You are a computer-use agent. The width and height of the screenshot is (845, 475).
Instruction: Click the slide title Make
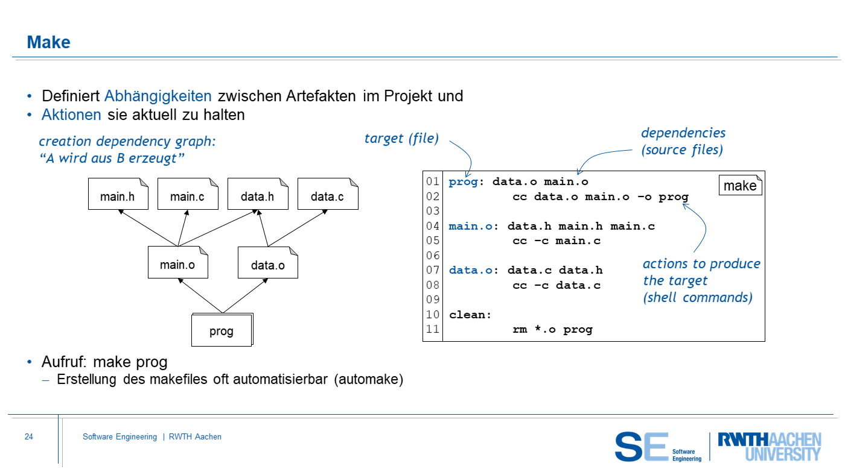[x=49, y=42]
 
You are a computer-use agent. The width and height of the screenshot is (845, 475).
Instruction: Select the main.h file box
[x=118, y=193]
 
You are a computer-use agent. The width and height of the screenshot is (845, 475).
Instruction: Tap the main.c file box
[x=188, y=193]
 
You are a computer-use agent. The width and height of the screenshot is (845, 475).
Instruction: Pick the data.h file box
[x=258, y=193]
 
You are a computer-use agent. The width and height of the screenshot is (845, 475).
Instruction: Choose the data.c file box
[x=328, y=193]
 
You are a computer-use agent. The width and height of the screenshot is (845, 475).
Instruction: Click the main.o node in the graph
[x=178, y=262]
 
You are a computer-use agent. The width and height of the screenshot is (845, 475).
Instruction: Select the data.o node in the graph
[x=268, y=262]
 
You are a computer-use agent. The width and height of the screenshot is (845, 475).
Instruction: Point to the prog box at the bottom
[x=222, y=330]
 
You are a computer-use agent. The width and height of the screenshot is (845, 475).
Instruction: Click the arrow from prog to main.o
[x=200, y=296]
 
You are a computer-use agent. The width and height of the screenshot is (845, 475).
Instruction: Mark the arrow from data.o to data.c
[x=298, y=228]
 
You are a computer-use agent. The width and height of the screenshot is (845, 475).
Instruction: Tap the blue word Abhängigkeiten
[x=158, y=96]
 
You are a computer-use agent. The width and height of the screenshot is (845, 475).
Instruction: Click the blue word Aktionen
[x=71, y=115]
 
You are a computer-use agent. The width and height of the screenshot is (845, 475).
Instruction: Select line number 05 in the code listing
[x=433, y=241]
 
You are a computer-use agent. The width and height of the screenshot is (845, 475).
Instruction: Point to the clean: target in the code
[x=470, y=315]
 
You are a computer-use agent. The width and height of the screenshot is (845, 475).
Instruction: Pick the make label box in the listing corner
[x=740, y=185]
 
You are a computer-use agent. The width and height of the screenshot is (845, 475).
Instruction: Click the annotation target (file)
[x=401, y=138]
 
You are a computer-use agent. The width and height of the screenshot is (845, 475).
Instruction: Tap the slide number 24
[x=29, y=436]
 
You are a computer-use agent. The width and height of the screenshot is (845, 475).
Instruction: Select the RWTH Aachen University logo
[x=770, y=447]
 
